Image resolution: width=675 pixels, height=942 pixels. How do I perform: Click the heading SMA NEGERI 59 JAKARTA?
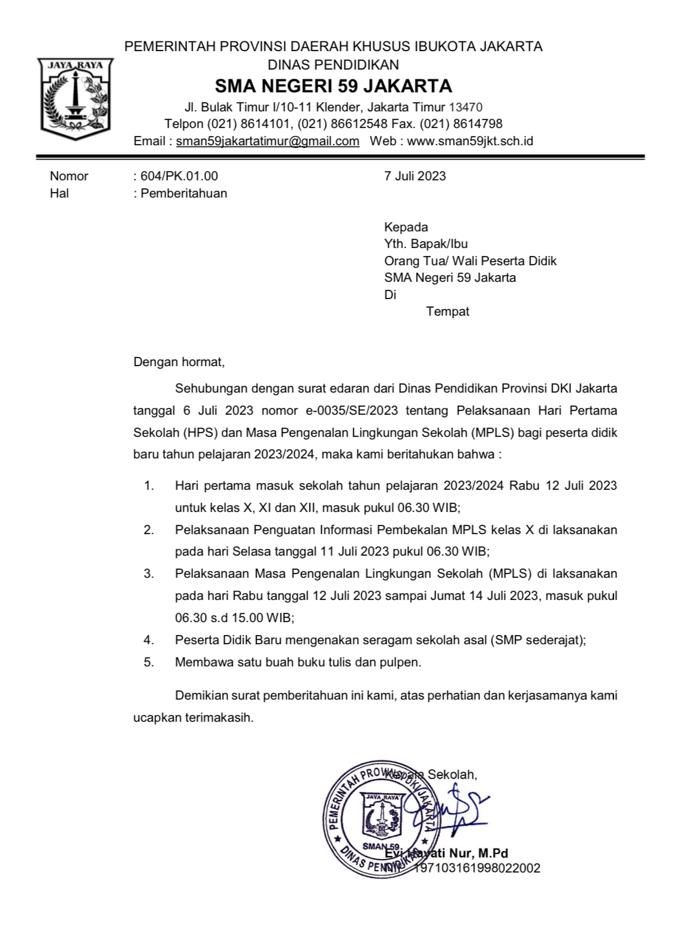click(x=333, y=86)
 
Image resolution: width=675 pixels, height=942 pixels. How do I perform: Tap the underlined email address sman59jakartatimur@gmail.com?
click(x=268, y=141)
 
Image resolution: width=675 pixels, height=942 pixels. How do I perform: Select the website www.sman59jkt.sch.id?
click(x=470, y=141)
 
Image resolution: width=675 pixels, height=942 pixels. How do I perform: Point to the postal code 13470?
click(x=465, y=107)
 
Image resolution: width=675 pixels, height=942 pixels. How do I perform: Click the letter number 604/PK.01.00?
click(x=179, y=176)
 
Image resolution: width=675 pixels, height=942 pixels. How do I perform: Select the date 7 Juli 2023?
click(x=415, y=176)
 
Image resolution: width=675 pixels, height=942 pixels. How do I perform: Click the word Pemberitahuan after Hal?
click(x=184, y=193)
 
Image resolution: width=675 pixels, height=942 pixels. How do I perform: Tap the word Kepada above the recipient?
click(x=406, y=226)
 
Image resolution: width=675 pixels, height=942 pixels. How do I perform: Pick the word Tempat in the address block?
click(x=447, y=311)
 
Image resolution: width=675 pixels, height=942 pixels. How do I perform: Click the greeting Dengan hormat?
click(x=179, y=362)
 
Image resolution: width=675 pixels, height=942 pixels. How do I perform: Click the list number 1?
click(x=148, y=485)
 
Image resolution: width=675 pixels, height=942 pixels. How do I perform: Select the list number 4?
click(x=148, y=640)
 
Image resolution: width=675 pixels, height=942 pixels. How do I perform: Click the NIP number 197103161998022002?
click(x=477, y=868)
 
